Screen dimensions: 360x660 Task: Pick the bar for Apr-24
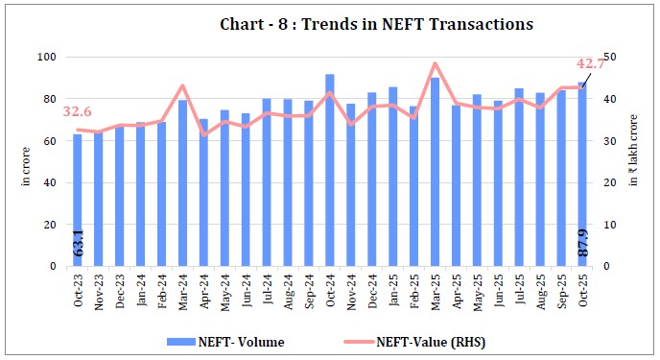click(203, 192)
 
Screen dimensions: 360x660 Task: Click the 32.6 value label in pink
click(78, 112)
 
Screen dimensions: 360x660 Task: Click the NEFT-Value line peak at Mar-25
click(435, 64)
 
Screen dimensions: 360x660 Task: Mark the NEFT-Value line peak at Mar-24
click(182, 86)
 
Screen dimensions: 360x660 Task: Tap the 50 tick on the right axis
click(610, 58)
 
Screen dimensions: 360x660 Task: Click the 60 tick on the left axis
click(49, 141)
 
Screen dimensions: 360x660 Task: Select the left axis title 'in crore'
click(26, 162)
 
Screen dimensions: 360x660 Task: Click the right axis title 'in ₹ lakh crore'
click(634, 162)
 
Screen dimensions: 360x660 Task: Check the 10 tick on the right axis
click(610, 225)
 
